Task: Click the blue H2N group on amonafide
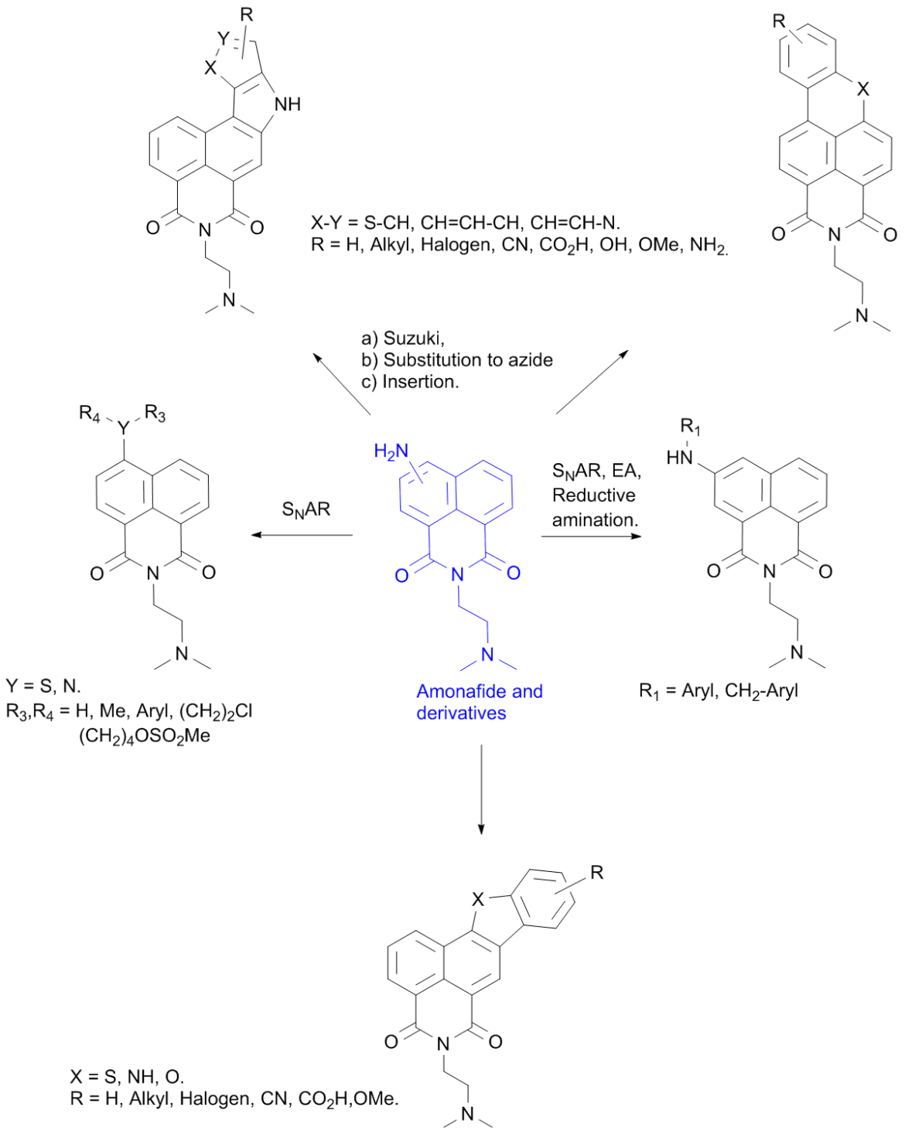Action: [x=391, y=451]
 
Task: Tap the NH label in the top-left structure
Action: [x=288, y=104]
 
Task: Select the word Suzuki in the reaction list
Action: [x=414, y=338]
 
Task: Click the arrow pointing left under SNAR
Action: [x=302, y=535]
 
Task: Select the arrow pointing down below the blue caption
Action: [x=481, y=789]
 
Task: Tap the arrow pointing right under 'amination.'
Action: [x=591, y=536]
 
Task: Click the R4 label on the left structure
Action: [x=89, y=413]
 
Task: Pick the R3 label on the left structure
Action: [x=155, y=413]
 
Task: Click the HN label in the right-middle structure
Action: [x=679, y=458]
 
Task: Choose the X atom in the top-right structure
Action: [x=862, y=89]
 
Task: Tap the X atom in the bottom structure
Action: [x=477, y=900]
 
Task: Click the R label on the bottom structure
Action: [x=596, y=873]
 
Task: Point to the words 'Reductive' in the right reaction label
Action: [x=593, y=495]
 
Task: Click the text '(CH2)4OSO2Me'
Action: [x=145, y=736]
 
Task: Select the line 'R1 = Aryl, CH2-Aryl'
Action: [x=719, y=690]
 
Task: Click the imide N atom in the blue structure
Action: [x=457, y=574]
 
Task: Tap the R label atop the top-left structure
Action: [x=247, y=14]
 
